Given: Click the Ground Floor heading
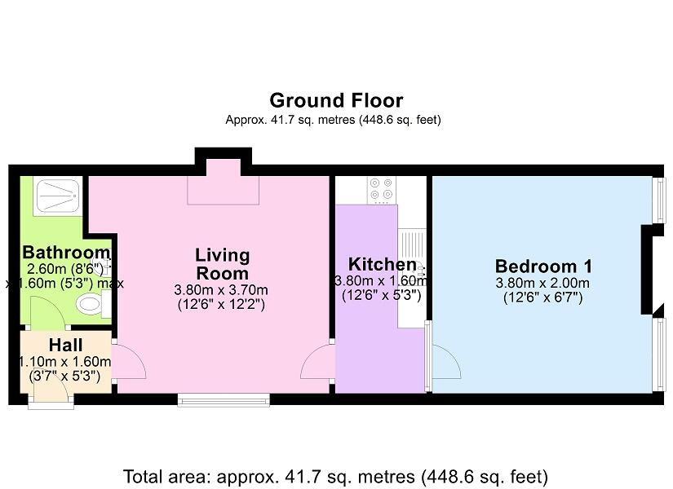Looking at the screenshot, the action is tap(336, 101).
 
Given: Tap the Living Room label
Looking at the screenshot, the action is tap(222, 264).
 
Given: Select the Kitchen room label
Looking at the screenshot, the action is tap(382, 264).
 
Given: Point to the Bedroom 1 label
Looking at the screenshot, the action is tap(543, 267).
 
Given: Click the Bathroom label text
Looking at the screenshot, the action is tap(67, 252).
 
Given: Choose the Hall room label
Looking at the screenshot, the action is tap(66, 345).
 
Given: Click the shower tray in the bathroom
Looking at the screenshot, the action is tap(58, 196).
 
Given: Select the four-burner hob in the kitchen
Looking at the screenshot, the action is tap(382, 190).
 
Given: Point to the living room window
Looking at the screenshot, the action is tap(224, 400).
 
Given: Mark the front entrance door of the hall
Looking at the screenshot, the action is tap(51, 393).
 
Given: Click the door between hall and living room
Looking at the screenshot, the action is tap(129, 361).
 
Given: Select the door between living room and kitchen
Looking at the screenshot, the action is tap(317, 361).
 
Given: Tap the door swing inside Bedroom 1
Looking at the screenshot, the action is tap(446, 361).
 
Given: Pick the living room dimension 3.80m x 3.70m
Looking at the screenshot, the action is tap(221, 290).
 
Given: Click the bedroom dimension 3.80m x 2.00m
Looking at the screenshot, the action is tap(542, 283).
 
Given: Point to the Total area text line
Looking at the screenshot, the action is tap(335, 477).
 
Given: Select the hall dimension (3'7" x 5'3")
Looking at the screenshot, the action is tap(64, 377).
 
